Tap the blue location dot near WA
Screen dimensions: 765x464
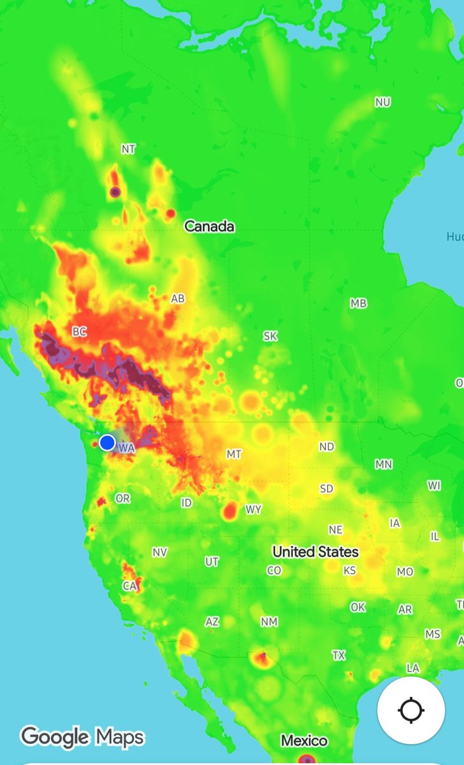click(x=107, y=442)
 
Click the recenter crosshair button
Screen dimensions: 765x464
click(x=411, y=709)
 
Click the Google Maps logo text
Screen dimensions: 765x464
click(x=82, y=737)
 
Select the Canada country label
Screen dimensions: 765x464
click(x=209, y=226)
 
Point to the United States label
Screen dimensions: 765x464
click(x=315, y=551)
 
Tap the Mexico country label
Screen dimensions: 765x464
click(x=305, y=741)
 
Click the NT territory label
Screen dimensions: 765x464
click(x=128, y=149)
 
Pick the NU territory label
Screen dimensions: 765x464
click(x=382, y=102)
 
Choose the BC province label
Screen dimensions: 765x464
click(x=79, y=331)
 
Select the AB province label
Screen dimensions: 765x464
click(x=178, y=298)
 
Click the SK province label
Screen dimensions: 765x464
click(x=270, y=336)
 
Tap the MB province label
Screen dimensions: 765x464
click(x=358, y=303)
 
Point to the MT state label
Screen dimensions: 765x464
click(x=234, y=455)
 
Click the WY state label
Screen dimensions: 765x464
click(x=253, y=510)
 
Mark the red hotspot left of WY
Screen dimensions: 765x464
click(x=231, y=510)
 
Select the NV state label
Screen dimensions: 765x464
click(x=159, y=552)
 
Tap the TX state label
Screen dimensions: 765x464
click(x=338, y=655)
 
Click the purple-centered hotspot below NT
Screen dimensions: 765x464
click(x=115, y=191)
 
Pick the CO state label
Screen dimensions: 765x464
click(x=274, y=571)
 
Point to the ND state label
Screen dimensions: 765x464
click(x=326, y=447)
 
